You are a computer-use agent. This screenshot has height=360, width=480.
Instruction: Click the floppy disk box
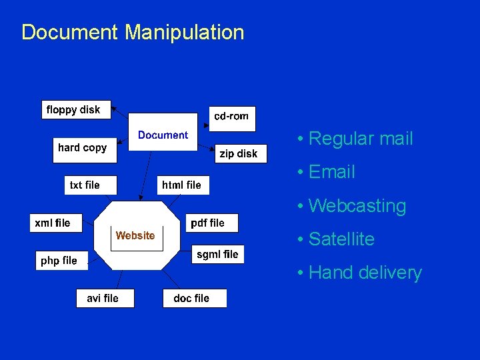tap(73, 110)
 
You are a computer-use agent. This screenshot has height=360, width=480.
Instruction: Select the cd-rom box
tap(231, 116)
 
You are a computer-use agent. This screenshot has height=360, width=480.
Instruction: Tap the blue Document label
tap(163, 135)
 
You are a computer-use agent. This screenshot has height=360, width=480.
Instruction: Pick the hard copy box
tap(82, 148)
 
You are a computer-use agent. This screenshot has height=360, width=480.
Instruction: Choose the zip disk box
tap(239, 153)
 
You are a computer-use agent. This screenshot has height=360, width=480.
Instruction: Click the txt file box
tap(85, 185)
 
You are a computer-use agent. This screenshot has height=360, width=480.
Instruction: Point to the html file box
tap(181, 185)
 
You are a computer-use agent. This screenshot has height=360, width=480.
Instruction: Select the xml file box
tap(53, 223)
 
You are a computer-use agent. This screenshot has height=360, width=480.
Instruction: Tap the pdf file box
tap(208, 223)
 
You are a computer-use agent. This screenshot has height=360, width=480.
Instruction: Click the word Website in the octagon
tap(135, 235)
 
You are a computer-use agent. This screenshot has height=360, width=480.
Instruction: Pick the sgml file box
tap(217, 254)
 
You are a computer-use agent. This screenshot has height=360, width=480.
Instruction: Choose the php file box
tap(59, 261)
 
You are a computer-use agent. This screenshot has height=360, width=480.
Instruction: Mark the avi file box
tap(103, 298)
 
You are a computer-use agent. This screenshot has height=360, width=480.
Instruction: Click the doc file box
tap(191, 298)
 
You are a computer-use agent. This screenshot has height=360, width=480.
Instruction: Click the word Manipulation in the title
tap(185, 32)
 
